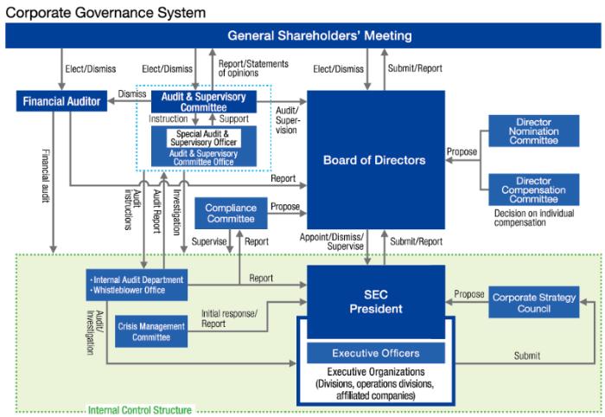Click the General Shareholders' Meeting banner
[302, 35]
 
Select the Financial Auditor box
[61, 101]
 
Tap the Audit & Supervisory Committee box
[204, 102]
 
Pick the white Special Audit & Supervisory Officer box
[204, 138]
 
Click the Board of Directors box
[376, 160]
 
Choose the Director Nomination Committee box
[533, 131]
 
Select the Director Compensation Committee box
[533, 189]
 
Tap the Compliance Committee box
[231, 213]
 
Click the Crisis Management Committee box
[151, 331]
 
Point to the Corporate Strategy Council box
[533, 302]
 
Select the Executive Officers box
[376, 353]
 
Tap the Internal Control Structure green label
[140, 410]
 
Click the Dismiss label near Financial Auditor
[132, 93]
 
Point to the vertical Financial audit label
[46, 176]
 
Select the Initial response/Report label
[229, 318]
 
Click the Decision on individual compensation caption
[534, 218]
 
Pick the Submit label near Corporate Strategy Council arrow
[526, 356]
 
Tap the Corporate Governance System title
[105, 12]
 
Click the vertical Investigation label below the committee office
[176, 212]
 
